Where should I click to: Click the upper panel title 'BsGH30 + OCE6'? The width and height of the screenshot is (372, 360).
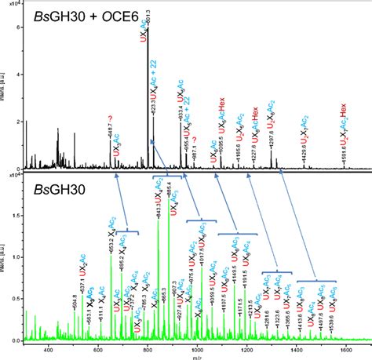82,16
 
